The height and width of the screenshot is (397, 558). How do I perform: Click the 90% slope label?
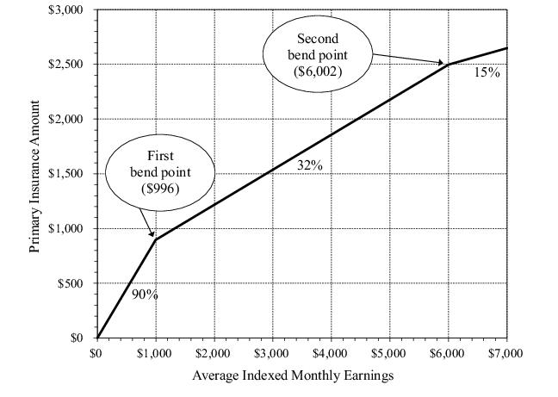[145, 294]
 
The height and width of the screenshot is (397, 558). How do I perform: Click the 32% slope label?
[310, 165]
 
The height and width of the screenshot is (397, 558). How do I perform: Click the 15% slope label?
[487, 72]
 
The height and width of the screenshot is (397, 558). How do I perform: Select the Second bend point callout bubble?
[318, 56]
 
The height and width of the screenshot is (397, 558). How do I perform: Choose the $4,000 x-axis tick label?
[331, 352]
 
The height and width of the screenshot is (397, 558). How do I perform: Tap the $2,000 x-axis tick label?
[214, 352]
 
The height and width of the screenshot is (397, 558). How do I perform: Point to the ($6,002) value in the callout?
[318, 71]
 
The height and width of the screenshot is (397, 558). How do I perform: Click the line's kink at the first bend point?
[155, 239]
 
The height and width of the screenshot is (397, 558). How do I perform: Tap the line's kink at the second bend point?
[448, 64]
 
